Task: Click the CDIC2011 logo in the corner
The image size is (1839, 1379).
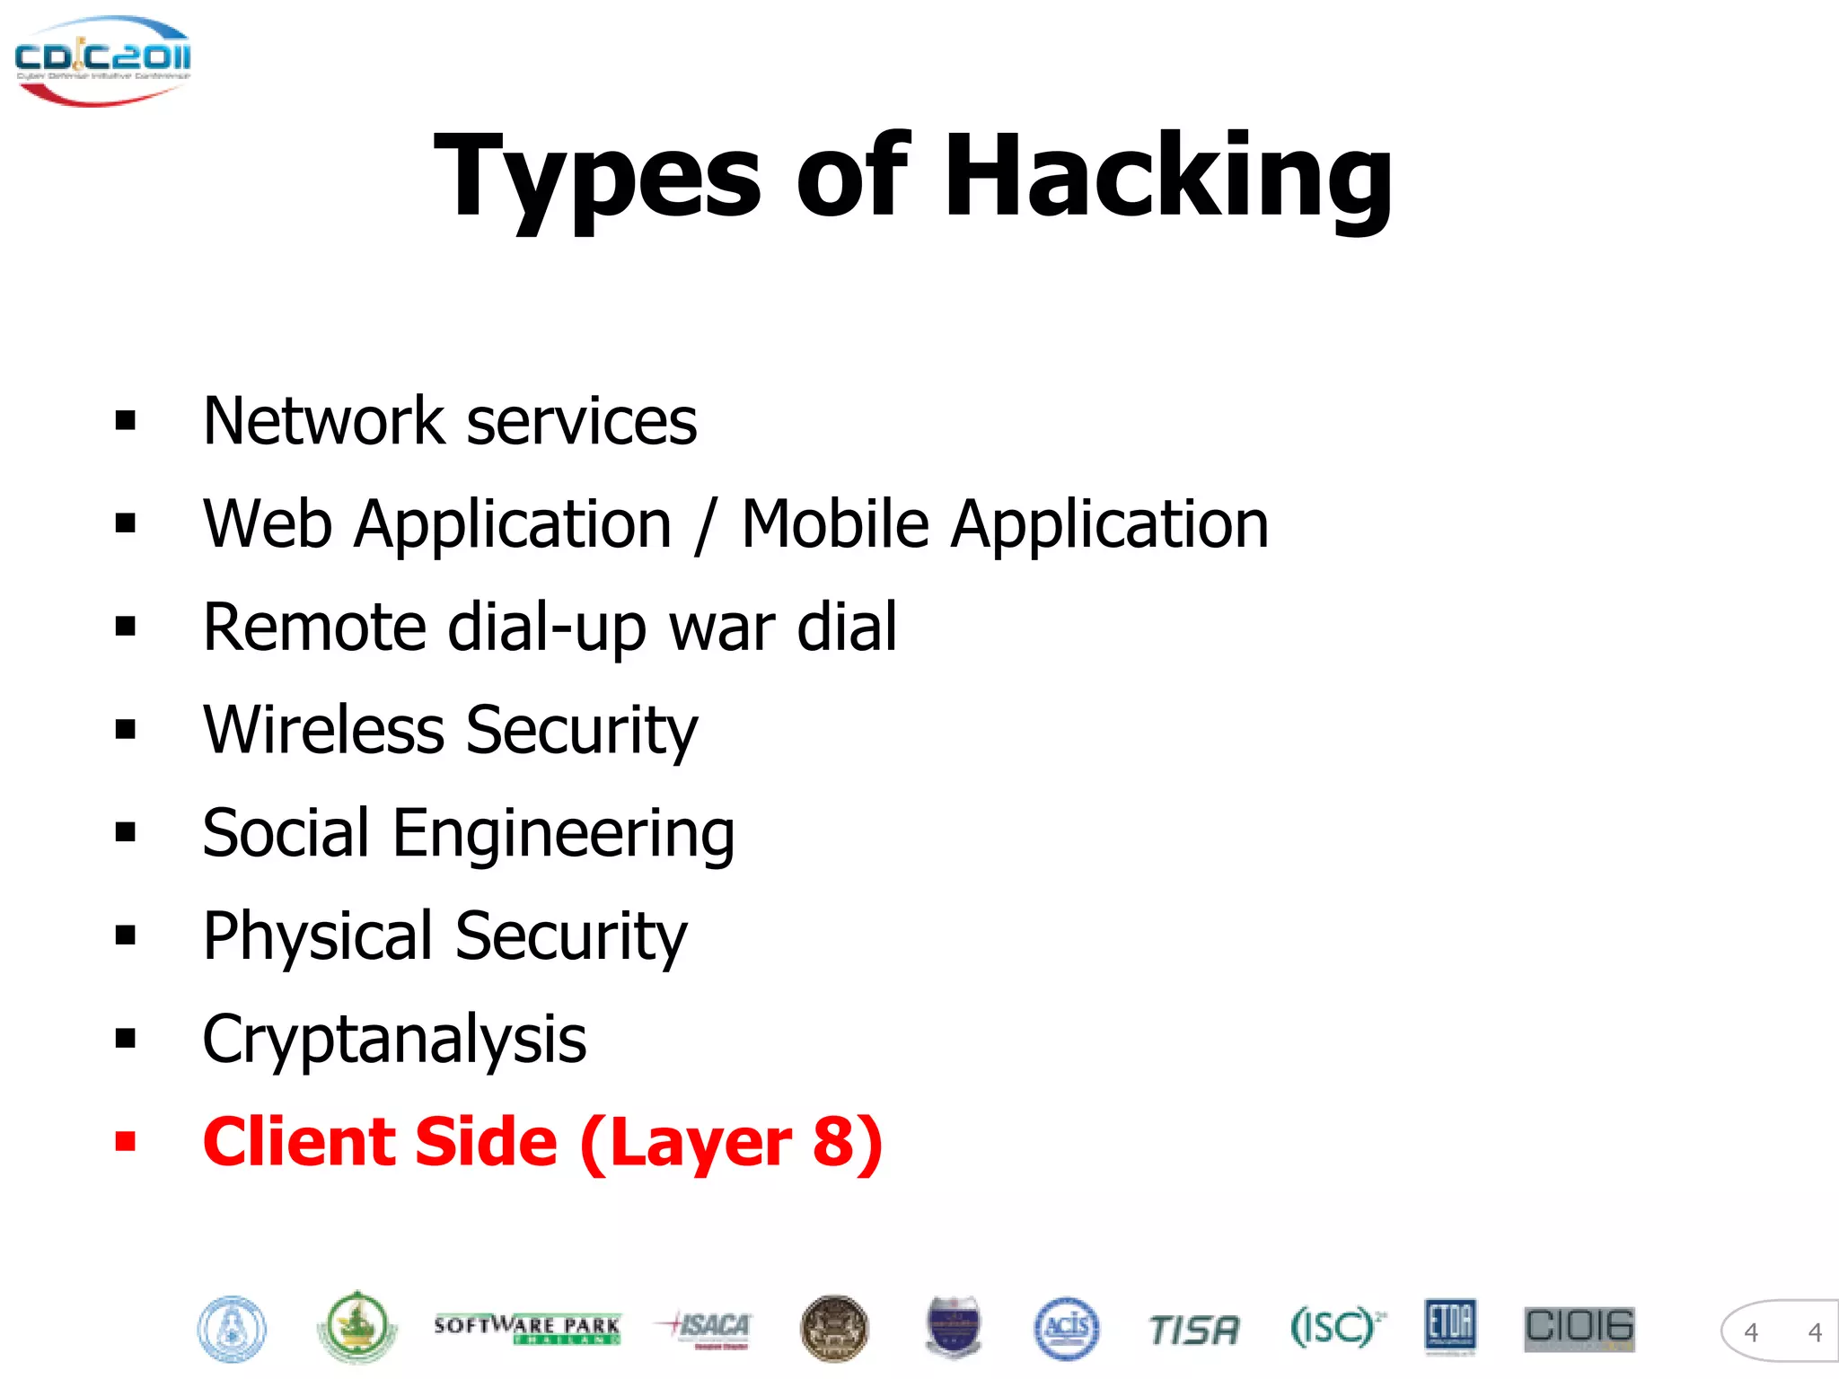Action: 101,59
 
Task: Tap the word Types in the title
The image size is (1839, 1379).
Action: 597,177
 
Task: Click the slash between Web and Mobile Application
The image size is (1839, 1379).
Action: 706,525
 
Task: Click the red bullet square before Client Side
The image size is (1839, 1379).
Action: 126,1142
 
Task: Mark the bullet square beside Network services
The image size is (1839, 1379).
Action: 126,420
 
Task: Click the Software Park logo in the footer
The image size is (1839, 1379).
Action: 527,1328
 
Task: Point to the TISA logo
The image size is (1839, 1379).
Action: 1193,1330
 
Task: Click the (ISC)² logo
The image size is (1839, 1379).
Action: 1336,1327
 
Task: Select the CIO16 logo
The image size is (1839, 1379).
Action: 1579,1328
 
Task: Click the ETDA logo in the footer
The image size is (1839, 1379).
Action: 1449,1326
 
